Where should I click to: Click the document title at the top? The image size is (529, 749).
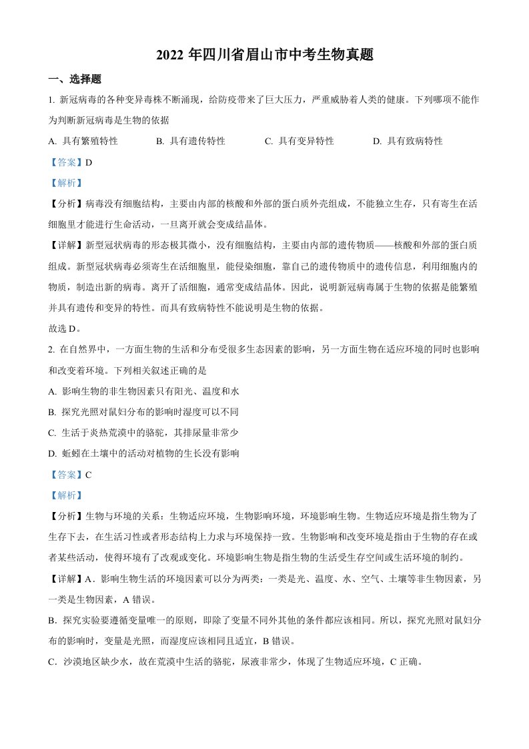pyautogui.click(x=264, y=55)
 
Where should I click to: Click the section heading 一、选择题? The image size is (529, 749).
pyautogui.click(x=75, y=79)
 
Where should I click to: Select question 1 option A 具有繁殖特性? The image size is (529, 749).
pyautogui.click(x=83, y=141)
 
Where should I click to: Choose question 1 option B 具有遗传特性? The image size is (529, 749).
pyautogui.click(x=191, y=141)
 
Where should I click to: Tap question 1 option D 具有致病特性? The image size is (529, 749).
pyautogui.click(x=408, y=141)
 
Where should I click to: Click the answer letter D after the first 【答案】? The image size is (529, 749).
pyautogui.click(x=89, y=162)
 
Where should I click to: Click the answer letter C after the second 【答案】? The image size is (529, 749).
pyautogui.click(x=89, y=475)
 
